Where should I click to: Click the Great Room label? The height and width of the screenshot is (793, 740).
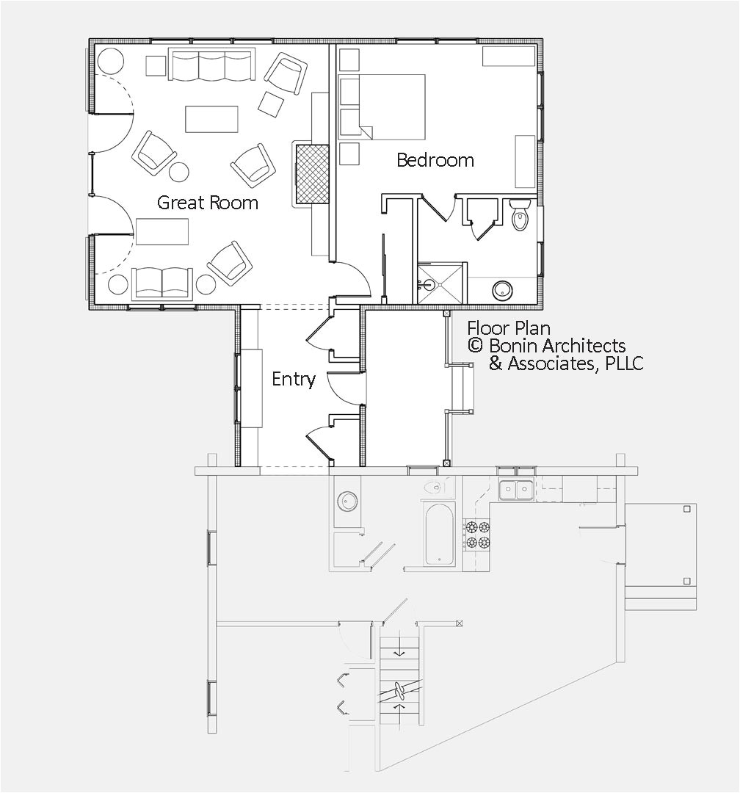[208, 203]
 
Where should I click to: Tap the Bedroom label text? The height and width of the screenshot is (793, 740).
[435, 160]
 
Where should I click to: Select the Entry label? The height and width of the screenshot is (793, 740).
[293, 379]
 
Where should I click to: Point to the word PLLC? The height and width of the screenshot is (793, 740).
[624, 363]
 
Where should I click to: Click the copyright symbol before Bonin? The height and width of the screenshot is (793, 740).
[475, 346]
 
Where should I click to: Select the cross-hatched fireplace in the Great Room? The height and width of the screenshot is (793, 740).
[311, 174]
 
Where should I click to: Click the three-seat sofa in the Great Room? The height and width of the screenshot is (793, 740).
[211, 65]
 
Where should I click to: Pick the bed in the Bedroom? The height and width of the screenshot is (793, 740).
[382, 106]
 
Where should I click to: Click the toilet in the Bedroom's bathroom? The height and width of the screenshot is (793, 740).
[520, 214]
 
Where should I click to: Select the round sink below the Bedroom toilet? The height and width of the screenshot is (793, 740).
[503, 290]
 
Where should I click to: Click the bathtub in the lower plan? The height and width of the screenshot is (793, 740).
[439, 533]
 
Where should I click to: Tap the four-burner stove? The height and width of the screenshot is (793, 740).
[476, 535]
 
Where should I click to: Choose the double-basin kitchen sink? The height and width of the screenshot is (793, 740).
[516, 490]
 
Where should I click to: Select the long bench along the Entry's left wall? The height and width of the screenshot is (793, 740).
[250, 388]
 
